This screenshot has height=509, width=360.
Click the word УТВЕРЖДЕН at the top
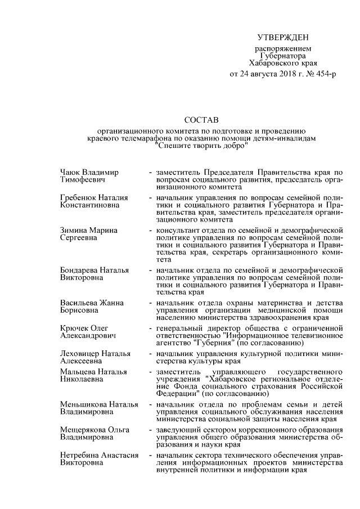pyautogui.click(x=283, y=38)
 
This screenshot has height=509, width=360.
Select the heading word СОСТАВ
pyautogui.click(x=201, y=120)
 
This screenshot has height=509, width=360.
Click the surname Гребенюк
pyautogui.click(x=78, y=198)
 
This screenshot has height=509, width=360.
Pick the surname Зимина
pyautogui.click(x=73, y=230)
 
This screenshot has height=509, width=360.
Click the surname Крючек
pyautogui.click(x=74, y=328)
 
